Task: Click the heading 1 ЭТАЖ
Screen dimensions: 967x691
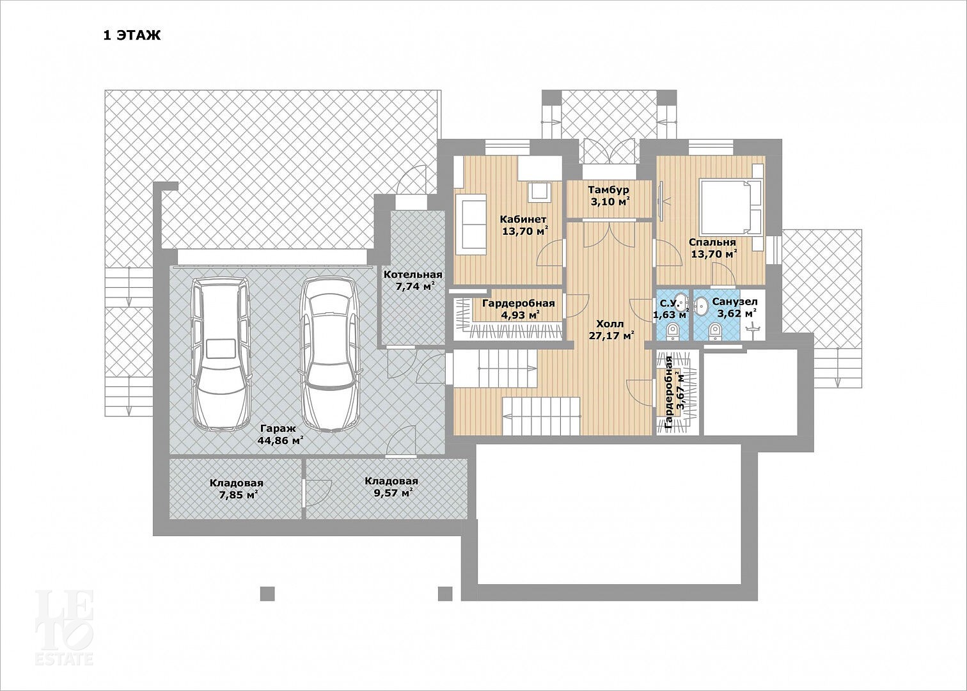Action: tap(132, 35)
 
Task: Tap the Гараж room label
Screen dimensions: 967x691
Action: tap(278, 429)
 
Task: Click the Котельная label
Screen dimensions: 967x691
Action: tap(413, 274)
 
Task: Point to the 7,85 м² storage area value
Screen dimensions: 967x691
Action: tap(239, 495)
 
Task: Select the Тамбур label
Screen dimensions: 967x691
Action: tap(609, 189)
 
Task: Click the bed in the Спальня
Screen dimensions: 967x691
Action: tap(731, 207)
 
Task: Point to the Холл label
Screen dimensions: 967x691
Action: tap(610, 324)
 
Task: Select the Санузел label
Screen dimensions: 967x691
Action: tap(735, 302)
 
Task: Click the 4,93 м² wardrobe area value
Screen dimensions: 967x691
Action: tap(521, 315)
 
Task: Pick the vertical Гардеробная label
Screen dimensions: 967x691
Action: tap(669, 393)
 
